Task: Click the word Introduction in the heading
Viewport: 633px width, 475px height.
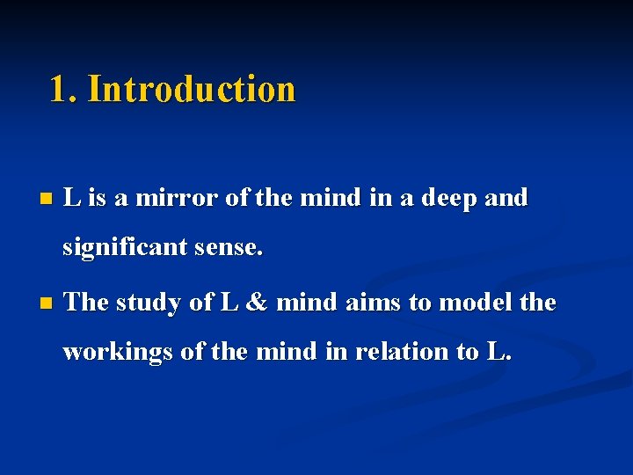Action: (x=192, y=89)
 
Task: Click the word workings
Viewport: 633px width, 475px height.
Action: (x=118, y=351)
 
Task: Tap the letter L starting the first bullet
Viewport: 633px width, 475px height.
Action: (x=72, y=199)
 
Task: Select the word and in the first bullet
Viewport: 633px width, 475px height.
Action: (x=506, y=199)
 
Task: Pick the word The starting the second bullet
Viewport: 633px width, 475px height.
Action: (x=86, y=303)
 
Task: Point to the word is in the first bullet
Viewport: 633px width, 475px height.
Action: (x=96, y=199)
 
